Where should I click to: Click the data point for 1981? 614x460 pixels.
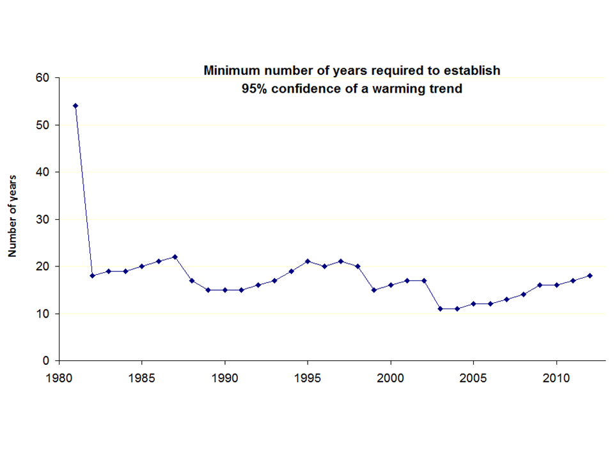tap(75, 105)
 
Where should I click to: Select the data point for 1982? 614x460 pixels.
tap(92, 275)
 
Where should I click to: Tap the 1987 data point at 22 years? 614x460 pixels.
tap(175, 257)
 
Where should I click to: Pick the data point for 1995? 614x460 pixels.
tap(308, 261)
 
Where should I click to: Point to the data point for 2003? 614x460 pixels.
tap(441, 309)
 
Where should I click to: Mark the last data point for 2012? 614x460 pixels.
tap(590, 275)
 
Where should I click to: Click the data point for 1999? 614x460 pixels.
tap(374, 289)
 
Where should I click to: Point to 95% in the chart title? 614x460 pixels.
tap(253, 89)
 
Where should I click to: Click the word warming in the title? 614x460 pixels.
tap(405, 89)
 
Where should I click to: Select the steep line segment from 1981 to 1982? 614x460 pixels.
tap(84, 190)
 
